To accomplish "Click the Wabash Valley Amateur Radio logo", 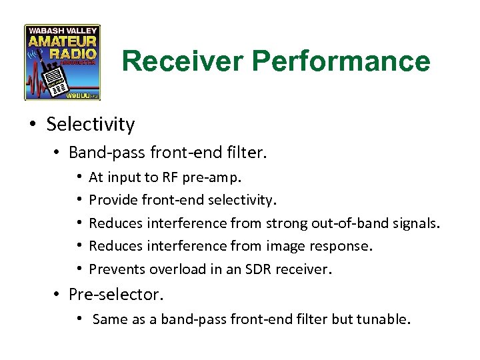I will tap(62, 62).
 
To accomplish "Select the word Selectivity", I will tap(91, 124).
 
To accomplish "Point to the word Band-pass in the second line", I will tap(103, 153).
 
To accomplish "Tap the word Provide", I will tap(110, 200).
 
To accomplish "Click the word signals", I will tap(417, 223).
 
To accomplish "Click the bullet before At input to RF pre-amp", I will tap(79, 177).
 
